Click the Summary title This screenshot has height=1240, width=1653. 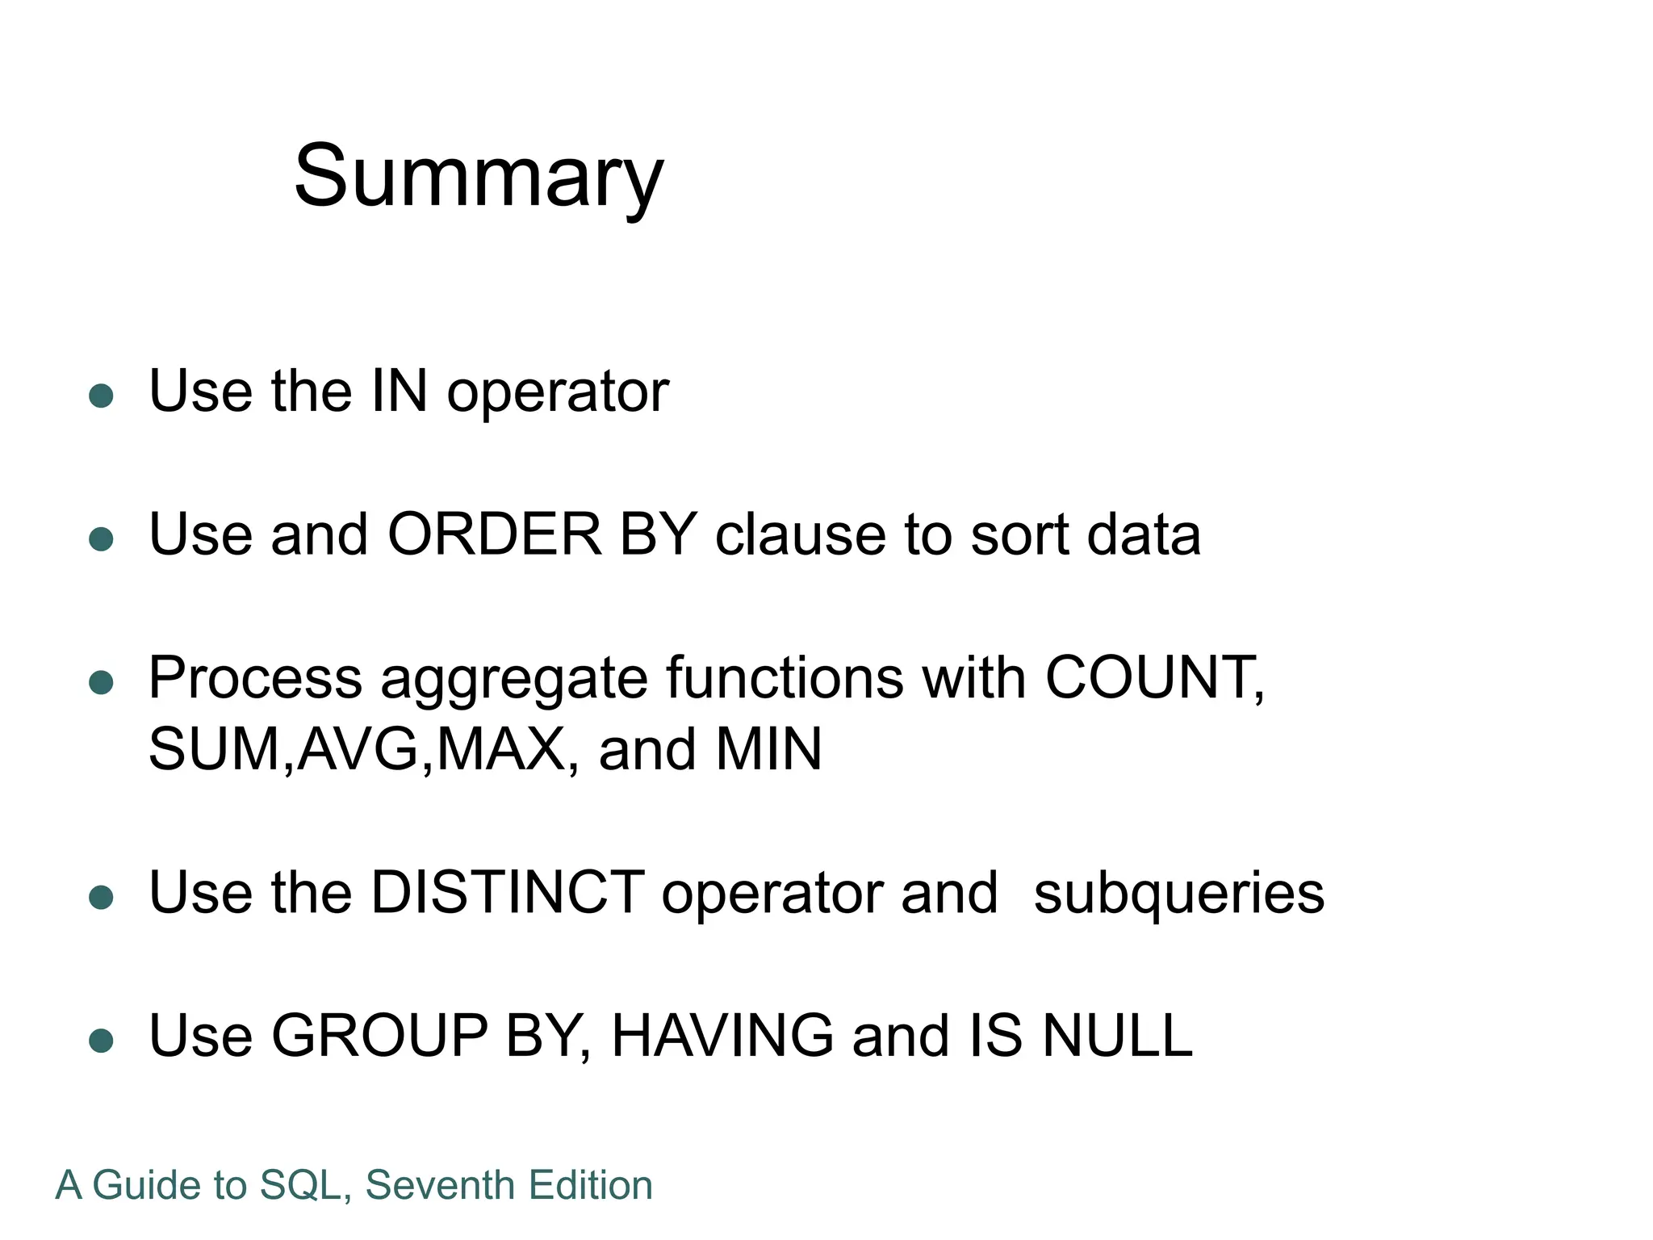(479, 176)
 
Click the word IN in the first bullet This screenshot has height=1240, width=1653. (399, 392)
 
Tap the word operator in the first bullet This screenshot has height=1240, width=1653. (558, 393)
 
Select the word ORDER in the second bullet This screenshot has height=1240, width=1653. (494, 534)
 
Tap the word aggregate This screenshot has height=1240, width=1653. (513, 680)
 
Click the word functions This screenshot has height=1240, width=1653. (785, 678)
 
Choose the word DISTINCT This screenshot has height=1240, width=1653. (508, 893)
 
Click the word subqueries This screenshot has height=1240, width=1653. (1178, 894)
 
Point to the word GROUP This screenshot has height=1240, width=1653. (379, 1036)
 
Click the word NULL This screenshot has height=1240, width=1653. (1117, 1036)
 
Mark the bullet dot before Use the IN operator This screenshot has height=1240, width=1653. (101, 396)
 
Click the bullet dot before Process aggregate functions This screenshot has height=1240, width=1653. (101, 682)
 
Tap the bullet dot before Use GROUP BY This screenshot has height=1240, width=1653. (101, 1041)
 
